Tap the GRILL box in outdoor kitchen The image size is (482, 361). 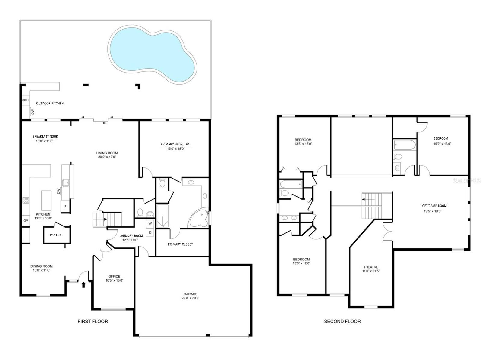coord(26,100)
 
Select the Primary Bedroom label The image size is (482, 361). coord(175,144)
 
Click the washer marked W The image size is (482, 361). coord(150,224)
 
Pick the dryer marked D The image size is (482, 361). coord(150,232)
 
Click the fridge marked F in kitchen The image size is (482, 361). coord(65,207)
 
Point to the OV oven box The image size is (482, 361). coord(26,221)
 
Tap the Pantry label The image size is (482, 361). coord(55,235)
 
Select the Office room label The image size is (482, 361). coord(114,276)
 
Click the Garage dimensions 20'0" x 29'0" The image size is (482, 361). coord(191,298)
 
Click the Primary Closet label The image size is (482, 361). coord(180,244)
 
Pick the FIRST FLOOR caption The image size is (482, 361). coord(93,322)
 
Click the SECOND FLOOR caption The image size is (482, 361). coord(342,322)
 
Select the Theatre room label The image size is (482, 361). coord(370,267)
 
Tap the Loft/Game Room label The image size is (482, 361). coord(433,206)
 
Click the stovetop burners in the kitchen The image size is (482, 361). coord(26,200)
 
